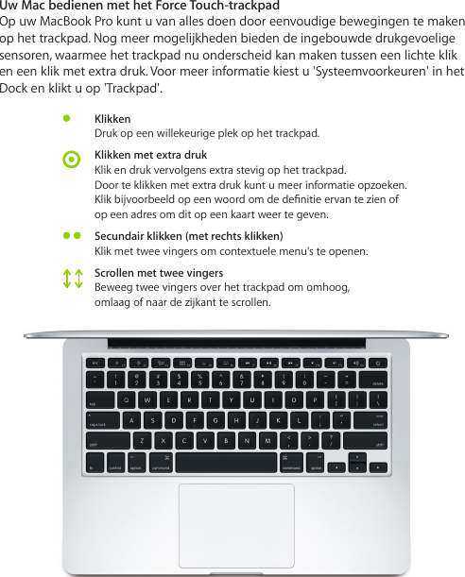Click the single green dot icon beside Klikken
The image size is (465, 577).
(x=67, y=119)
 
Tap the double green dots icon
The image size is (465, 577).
(x=71, y=235)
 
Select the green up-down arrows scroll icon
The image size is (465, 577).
(x=72, y=278)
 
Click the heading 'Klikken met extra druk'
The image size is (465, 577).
(x=150, y=154)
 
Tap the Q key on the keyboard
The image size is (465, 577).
(x=129, y=399)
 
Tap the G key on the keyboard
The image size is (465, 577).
(x=215, y=420)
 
